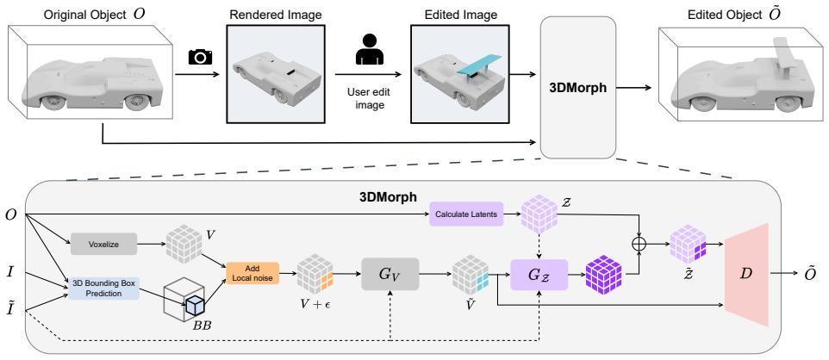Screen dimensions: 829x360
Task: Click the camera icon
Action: (x=201, y=56)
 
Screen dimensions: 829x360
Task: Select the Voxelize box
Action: (x=103, y=245)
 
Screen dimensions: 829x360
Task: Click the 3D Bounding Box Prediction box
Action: (x=103, y=288)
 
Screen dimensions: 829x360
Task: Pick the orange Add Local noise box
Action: (x=252, y=273)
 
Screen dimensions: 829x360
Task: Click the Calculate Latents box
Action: (x=466, y=214)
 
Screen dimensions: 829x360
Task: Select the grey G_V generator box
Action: (x=390, y=274)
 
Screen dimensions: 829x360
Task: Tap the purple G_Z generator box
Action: (x=539, y=275)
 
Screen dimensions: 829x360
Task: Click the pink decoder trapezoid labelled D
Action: (x=746, y=274)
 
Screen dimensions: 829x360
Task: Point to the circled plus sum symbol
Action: (x=640, y=243)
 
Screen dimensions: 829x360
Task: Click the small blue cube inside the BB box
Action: (x=195, y=306)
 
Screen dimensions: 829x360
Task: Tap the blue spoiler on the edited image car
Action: (x=476, y=65)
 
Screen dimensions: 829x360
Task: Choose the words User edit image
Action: (x=366, y=98)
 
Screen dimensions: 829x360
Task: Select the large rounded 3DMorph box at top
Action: (x=578, y=87)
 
